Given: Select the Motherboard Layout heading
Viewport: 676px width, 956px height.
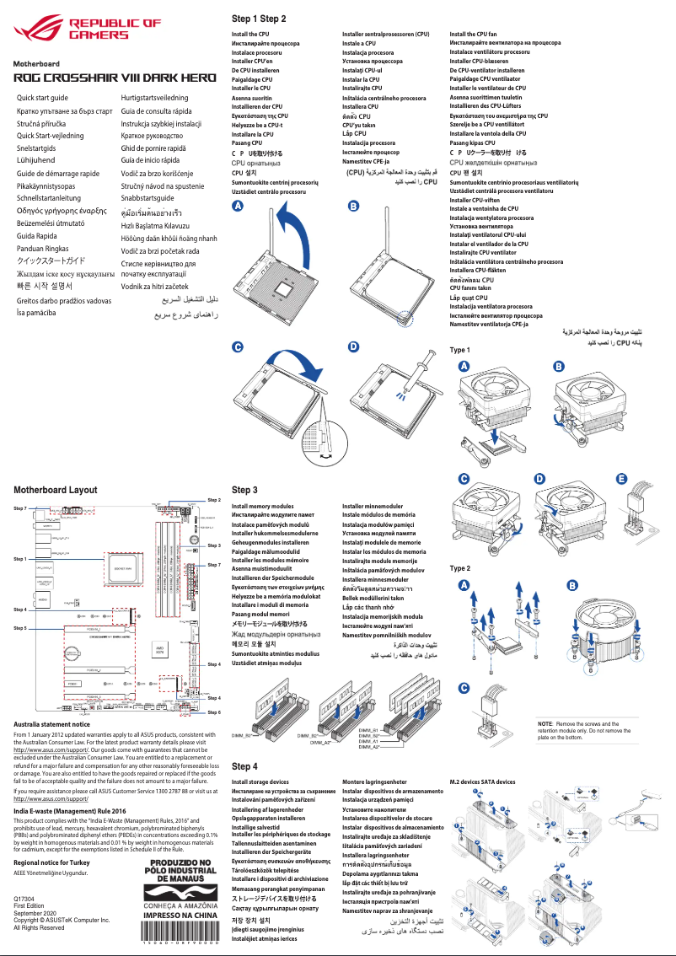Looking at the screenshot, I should (55, 490).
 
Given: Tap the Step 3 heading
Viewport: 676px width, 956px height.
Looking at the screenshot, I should (244, 490).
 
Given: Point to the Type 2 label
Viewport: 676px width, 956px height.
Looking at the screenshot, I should (460, 568).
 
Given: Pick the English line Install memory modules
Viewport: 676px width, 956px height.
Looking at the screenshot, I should (262, 506).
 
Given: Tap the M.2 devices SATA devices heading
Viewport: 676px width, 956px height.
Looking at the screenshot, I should (483, 782).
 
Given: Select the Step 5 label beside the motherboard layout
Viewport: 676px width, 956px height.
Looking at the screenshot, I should (20, 628).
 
